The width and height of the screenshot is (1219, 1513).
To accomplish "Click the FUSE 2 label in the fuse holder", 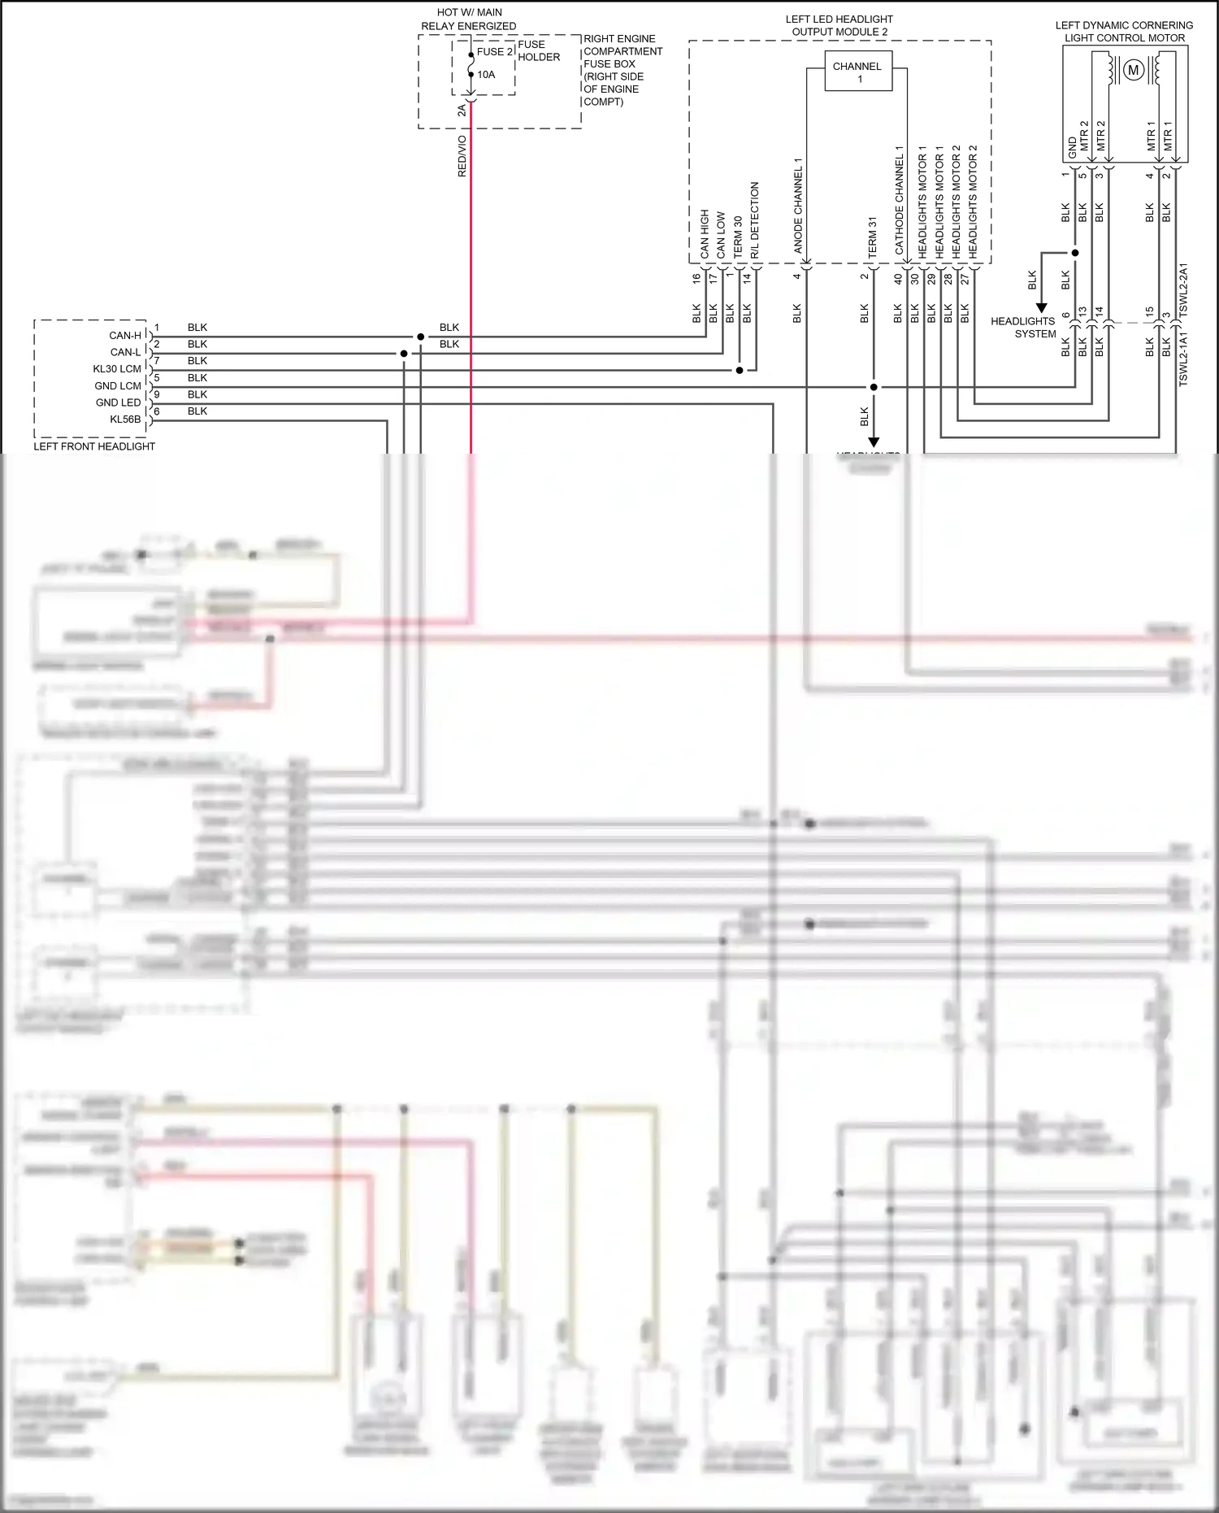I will point(494,51).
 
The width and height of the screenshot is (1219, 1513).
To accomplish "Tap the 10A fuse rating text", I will point(486,75).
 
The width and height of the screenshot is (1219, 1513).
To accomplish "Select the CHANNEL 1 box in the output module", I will point(857,72).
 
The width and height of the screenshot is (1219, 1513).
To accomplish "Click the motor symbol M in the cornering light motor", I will point(1133,71).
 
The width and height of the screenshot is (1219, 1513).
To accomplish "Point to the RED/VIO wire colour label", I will point(462,156).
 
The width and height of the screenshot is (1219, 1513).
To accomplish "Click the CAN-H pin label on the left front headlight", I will point(125,335).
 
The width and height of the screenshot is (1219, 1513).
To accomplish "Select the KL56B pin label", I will point(125,420).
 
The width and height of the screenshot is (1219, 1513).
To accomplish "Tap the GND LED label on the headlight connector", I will point(119,402).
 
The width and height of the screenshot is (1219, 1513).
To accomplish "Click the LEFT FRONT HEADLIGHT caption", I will point(94,446).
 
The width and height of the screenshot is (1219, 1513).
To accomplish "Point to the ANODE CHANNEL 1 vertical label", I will point(798,205).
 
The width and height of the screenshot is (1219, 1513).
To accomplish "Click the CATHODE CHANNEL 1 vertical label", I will point(899,200).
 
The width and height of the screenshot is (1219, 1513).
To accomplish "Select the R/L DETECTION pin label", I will point(755,220).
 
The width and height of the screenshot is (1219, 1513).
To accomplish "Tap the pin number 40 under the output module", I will point(898,278).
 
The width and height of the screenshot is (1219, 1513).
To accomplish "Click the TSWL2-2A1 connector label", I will point(1183,289).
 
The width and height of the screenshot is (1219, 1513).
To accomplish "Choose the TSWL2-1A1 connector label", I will point(1183,359).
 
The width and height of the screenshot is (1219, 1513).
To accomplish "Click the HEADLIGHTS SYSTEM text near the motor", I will point(1023,328).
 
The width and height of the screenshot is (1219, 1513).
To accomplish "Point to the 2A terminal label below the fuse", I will point(462,110).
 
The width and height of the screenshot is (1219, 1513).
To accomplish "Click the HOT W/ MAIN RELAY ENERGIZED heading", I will point(469,20).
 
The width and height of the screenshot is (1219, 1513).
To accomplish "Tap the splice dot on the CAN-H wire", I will point(420,337).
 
